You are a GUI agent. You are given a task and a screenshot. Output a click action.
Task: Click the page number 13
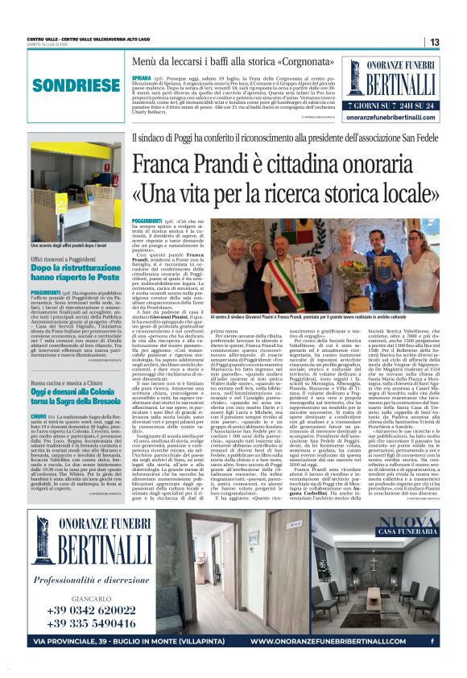point(435,42)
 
